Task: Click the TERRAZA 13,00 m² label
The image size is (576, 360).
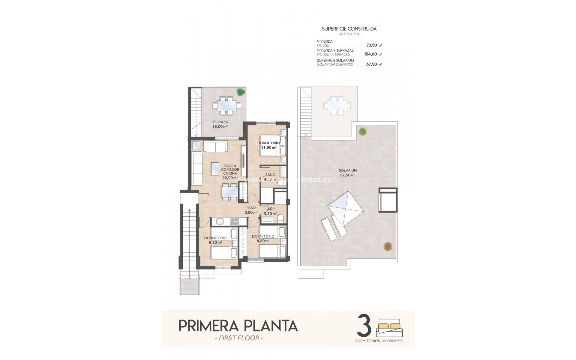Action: pyautogui.click(x=220, y=124)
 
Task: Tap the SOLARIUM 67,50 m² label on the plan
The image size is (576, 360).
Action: pyautogui.click(x=348, y=172)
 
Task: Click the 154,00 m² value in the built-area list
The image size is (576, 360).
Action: pyautogui.click(x=373, y=54)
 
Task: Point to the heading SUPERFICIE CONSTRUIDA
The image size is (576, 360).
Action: pyautogui.click(x=349, y=29)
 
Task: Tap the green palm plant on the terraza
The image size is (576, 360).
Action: pyautogui.click(x=241, y=92)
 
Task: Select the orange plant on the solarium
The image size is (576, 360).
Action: pyautogui.click(x=388, y=246)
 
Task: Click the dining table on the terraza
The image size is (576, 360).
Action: pyautogui.click(x=226, y=106)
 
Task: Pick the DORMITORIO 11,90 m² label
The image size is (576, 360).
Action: pyautogui.click(x=268, y=145)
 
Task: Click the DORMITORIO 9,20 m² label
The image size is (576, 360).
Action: pyautogui.click(x=215, y=240)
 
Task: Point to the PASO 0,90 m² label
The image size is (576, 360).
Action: pyautogui.click(x=251, y=210)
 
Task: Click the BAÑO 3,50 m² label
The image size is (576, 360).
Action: pyautogui.click(x=270, y=211)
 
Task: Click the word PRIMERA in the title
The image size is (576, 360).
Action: pyautogui.click(x=204, y=325)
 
